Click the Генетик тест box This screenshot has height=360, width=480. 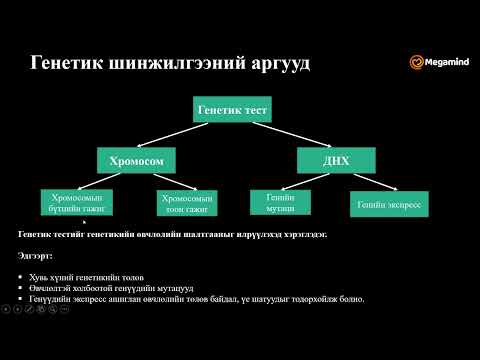pos(233,109)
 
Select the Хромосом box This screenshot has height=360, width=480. pos(144,159)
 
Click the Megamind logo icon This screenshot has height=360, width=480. pos(416,62)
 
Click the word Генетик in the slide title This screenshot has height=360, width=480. pos(64,64)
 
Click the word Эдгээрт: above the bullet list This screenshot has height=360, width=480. pos(35,255)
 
